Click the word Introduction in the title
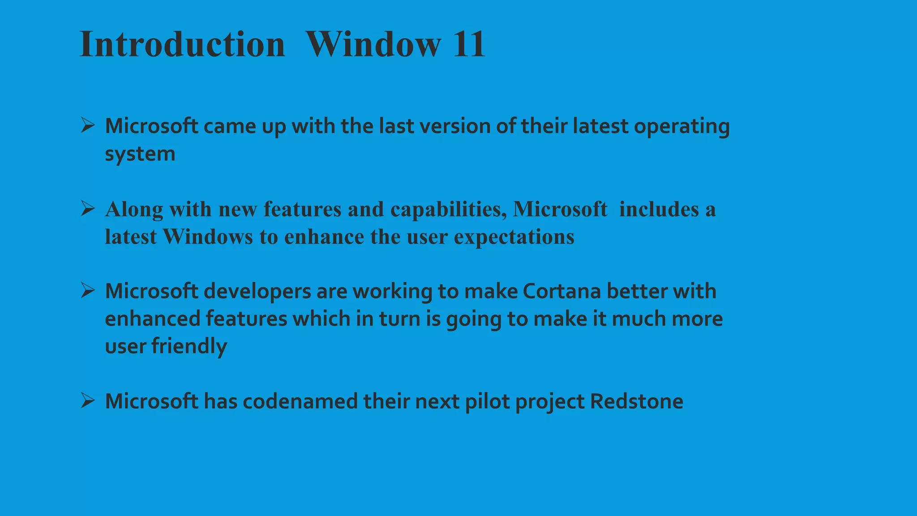pyautogui.click(x=182, y=44)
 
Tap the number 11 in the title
pyautogui.click(x=469, y=44)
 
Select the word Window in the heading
pyautogui.click(x=373, y=44)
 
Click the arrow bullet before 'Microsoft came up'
pyautogui.click(x=88, y=125)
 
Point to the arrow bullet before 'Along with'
pyautogui.click(x=88, y=208)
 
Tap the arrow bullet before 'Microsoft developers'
pyautogui.click(x=88, y=290)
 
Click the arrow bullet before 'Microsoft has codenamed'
pyautogui.click(x=88, y=400)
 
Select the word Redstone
pyautogui.click(x=636, y=401)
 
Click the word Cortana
pyautogui.click(x=561, y=291)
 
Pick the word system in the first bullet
pyautogui.click(x=140, y=154)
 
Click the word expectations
pyautogui.click(x=514, y=237)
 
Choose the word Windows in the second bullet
pyautogui.click(x=208, y=236)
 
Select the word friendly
pyautogui.click(x=189, y=346)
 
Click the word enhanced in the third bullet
pyautogui.click(x=152, y=319)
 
